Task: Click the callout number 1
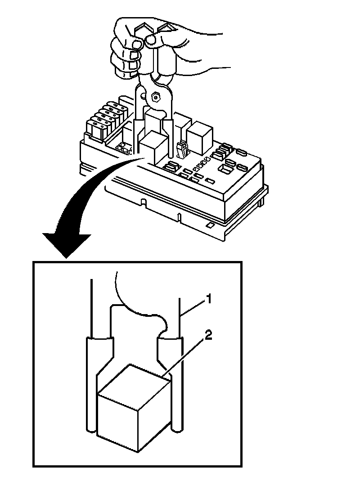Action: click(x=208, y=298)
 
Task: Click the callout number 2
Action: click(x=208, y=335)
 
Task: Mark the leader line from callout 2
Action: click(x=187, y=355)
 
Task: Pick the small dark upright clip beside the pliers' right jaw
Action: click(x=182, y=151)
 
